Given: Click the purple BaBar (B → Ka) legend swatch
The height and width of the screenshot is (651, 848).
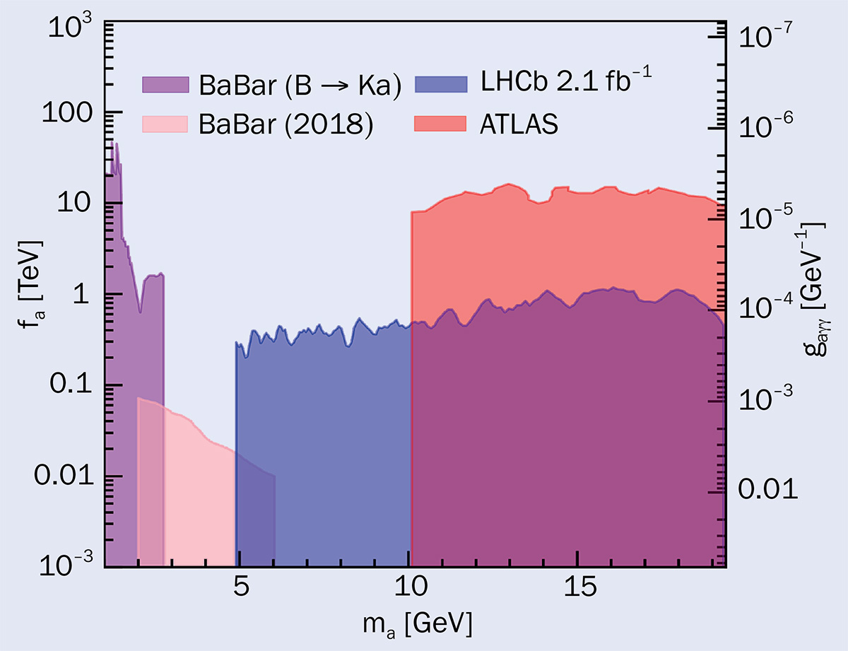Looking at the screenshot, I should pyautogui.click(x=166, y=86).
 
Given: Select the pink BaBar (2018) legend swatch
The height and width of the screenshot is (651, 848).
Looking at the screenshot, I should pyautogui.click(x=166, y=124).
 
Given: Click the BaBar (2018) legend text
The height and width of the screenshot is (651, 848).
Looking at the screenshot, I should pyautogui.click(x=285, y=124).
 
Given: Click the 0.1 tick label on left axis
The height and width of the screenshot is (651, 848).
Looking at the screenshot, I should pyautogui.click(x=71, y=385).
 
